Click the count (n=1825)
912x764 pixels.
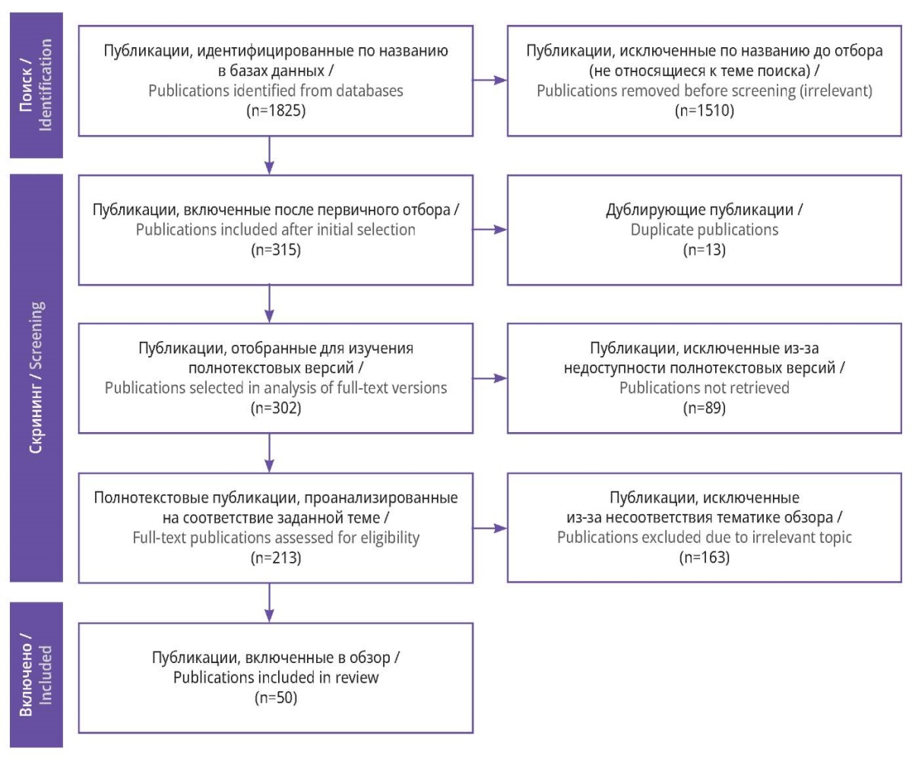(x=276, y=110)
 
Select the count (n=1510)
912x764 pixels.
(x=704, y=110)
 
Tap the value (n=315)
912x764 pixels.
(x=276, y=250)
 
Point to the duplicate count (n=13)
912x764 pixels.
(x=704, y=250)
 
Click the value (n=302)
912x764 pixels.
(x=276, y=408)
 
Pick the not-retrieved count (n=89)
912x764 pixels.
(x=704, y=408)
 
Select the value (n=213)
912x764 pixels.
(x=276, y=557)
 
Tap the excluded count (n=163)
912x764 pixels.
(x=704, y=557)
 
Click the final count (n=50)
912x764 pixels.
(x=276, y=698)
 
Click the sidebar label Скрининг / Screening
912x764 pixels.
(x=36, y=377)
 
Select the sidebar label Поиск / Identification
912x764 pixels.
(x=36, y=85)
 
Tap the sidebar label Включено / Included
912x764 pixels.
(x=36, y=675)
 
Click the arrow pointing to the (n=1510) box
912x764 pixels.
(x=490, y=80)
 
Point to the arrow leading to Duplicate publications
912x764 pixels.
(x=490, y=229)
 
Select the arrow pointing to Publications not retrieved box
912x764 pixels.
(x=490, y=378)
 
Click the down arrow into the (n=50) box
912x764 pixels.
(x=269, y=602)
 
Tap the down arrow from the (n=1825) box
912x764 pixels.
(x=269, y=156)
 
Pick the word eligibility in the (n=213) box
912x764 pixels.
(x=390, y=538)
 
